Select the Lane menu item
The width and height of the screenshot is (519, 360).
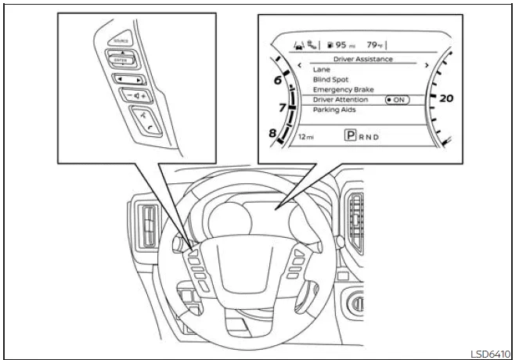(321, 70)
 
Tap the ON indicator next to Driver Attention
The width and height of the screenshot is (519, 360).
(398, 100)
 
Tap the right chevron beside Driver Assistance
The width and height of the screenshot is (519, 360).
(427, 65)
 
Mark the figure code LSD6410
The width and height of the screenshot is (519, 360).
(492, 352)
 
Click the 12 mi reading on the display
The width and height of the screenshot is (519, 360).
(306, 136)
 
